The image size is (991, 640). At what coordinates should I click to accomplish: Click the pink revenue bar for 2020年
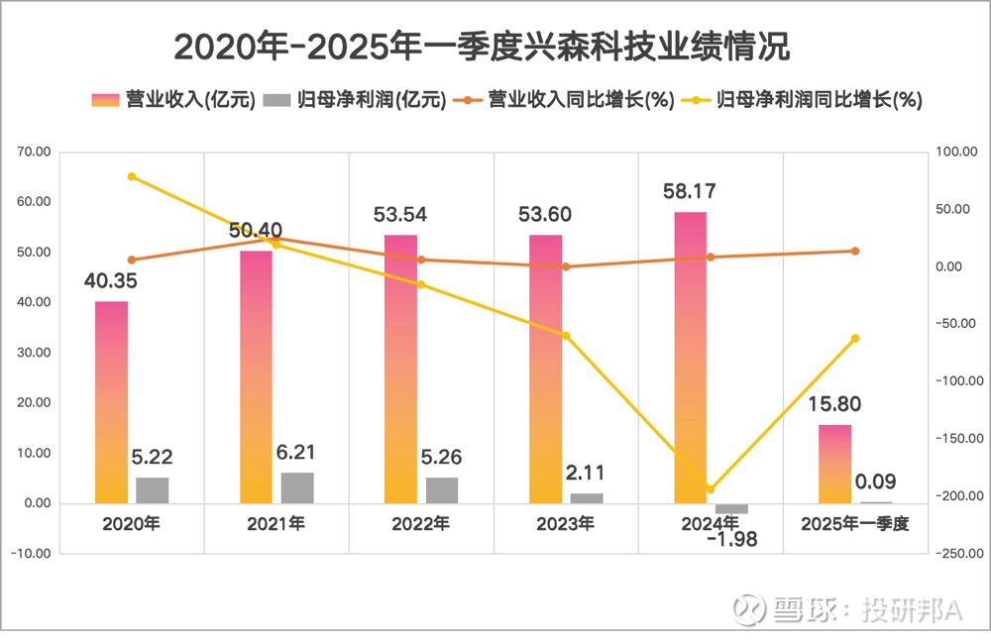click(111, 402)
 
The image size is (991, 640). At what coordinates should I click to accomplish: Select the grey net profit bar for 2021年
click(297, 487)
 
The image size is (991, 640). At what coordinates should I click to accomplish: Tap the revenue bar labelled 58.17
click(690, 357)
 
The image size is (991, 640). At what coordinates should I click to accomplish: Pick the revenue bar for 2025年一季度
click(834, 464)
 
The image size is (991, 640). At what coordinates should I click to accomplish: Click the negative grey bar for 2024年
click(731, 508)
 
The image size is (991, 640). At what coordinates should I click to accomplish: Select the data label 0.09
click(876, 482)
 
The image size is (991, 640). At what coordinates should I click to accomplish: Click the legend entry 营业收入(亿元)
click(174, 100)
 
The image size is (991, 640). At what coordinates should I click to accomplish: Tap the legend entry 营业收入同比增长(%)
click(565, 100)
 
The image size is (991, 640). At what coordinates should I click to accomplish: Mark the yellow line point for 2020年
click(132, 176)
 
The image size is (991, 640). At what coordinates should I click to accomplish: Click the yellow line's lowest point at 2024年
click(711, 489)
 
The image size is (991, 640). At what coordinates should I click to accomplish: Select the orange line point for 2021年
click(276, 239)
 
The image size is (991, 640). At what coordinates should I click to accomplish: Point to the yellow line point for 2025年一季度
click(855, 339)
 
